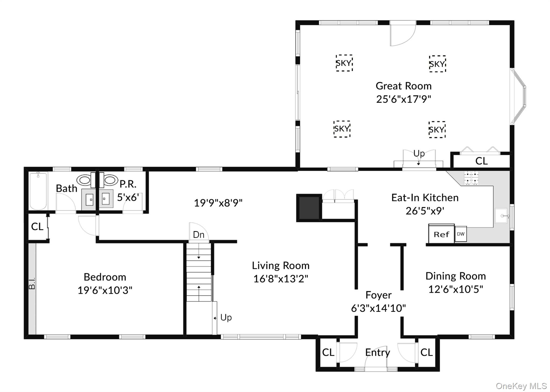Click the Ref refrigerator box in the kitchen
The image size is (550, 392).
pyautogui.click(x=441, y=234)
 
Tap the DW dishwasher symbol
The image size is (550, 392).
pyautogui.click(x=461, y=234)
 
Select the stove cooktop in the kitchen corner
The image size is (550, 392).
pyautogui.click(x=471, y=178)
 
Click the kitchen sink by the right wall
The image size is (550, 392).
pyautogui.click(x=501, y=216)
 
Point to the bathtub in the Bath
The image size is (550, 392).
pyautogui.click(x=38, y=191)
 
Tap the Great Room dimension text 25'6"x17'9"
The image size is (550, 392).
pyautogui.click(x=403, y=99)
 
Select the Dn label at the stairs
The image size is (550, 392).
pyautogui.click(x=198, y=235)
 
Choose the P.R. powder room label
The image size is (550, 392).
pyautogui.click(x=128, y=184)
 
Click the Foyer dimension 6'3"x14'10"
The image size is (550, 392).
pyautogui.click(x=378, y=308)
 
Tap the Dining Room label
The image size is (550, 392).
pyautogui.click(x=455, y=276)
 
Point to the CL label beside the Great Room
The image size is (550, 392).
pyautogui.click(x=481, y=161)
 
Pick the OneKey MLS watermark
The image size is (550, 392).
pyautogui.click(x=521, y=386)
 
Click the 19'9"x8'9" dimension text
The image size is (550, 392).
pyautogui.click(x=218, y=203)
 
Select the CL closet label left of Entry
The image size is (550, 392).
pyautogui.click(x=328, y=352)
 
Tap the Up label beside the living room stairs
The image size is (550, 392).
pyautogui.click(x=226, y=318)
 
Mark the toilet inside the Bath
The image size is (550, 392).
pyautogui.click(x=84, y=180)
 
